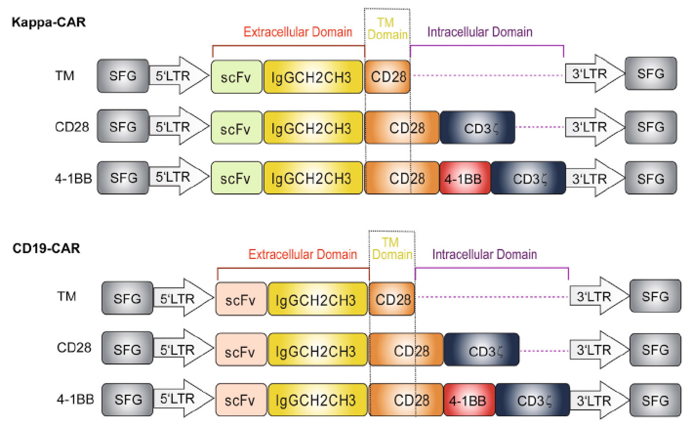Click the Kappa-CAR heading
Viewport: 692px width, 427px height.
pyautogui.click(x=49, y=22)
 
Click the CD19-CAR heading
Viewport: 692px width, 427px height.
pyautogui.click(x=46, y=248)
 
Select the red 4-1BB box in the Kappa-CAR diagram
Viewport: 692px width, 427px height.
pyautogui.click(x=465, y=178)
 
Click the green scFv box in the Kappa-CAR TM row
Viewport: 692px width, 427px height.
pyautogui.click(x=236, y=76)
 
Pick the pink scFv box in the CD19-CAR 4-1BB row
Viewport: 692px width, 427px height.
pyautogui.click(x=241, y=400)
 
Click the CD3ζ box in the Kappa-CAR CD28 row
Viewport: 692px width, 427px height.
pyautogui.click(x=477, y=128)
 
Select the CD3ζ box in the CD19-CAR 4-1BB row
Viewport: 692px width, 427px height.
pyautogui.click(x=532, y=400)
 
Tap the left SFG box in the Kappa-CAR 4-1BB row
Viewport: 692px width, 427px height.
pyautogui.click(x=123, y=178)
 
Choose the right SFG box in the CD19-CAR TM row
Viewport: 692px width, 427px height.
pyautogui.click(x=655, y=297)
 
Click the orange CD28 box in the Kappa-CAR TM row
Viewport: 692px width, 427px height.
pyautogui.click(x=387, y=76)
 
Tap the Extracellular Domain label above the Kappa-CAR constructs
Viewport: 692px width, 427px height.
pyautogui.click(x=298, y=32)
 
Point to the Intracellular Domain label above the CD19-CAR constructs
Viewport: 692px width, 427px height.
pyautogui.click(x=485, y=254)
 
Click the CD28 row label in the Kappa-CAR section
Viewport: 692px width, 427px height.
pyautogui.click(x=72, y=127)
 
